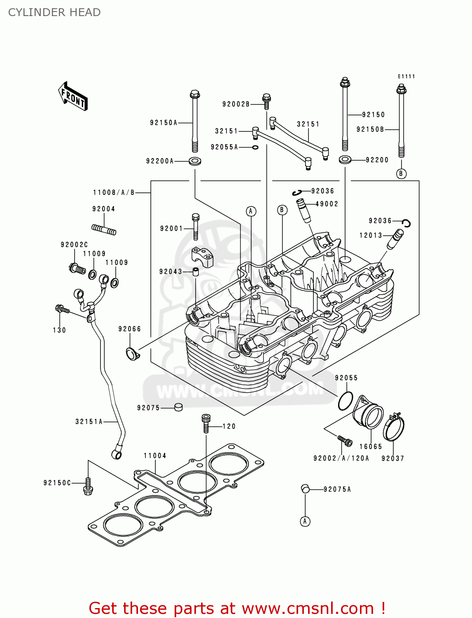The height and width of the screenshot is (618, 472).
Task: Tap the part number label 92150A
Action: coord(164,123)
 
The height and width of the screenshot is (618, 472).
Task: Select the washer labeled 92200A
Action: coord(195,161)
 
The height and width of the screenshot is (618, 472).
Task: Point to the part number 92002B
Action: coord(236,104)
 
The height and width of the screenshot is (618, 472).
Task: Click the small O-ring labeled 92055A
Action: coord(255,147)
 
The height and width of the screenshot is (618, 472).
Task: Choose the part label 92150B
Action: coord(370,129)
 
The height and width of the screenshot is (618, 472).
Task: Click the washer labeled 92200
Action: coord(345,159)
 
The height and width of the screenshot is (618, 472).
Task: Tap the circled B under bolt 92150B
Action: coord(401,173)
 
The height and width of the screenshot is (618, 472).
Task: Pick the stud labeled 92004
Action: coord(104,229)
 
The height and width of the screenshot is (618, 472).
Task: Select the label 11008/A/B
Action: coord(114,192)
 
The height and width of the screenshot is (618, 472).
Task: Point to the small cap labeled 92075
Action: coord(178,407)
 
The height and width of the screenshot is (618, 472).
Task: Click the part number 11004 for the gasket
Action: coord(155,456)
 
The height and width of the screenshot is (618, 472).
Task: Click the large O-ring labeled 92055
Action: coord(345,401)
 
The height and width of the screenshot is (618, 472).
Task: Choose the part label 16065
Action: coord(371,447)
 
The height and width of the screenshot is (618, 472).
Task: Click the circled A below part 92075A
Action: coord(305,522)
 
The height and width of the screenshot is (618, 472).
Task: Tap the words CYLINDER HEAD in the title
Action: coord(54,12)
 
